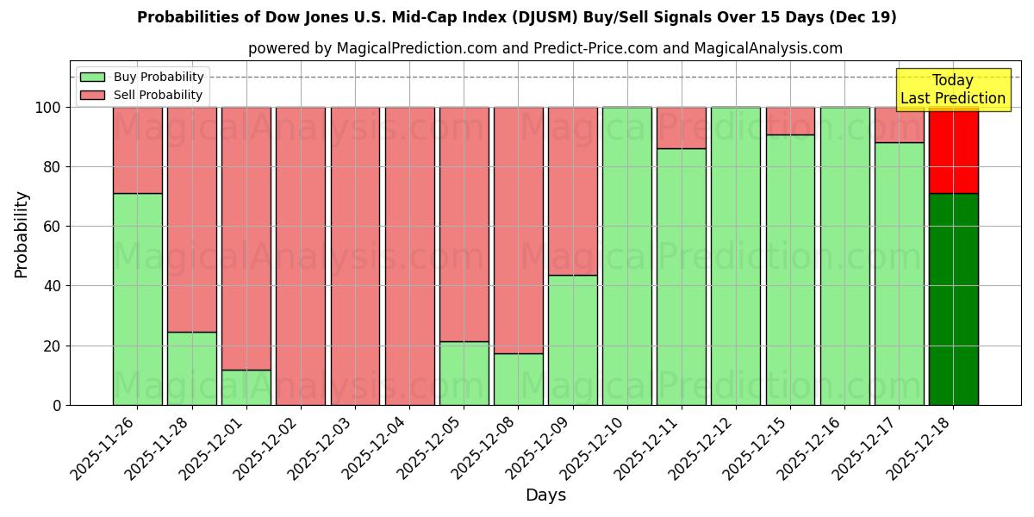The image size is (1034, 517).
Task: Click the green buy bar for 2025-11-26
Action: click(137, 299)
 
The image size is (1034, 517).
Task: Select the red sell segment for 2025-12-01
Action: click(246, 238)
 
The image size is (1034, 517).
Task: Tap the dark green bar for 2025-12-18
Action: click(953, 299)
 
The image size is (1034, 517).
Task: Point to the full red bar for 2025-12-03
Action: click(355, 256)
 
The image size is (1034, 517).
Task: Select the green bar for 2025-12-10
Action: click(626, 256)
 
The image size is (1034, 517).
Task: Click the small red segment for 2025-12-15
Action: click(790, 121)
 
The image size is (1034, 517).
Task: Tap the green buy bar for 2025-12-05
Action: click(464, 373)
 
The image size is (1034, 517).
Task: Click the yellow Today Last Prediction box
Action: click(953, 90)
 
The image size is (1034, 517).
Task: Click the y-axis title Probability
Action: click(22, 234)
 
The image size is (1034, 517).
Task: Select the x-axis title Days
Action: click(545, 495)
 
